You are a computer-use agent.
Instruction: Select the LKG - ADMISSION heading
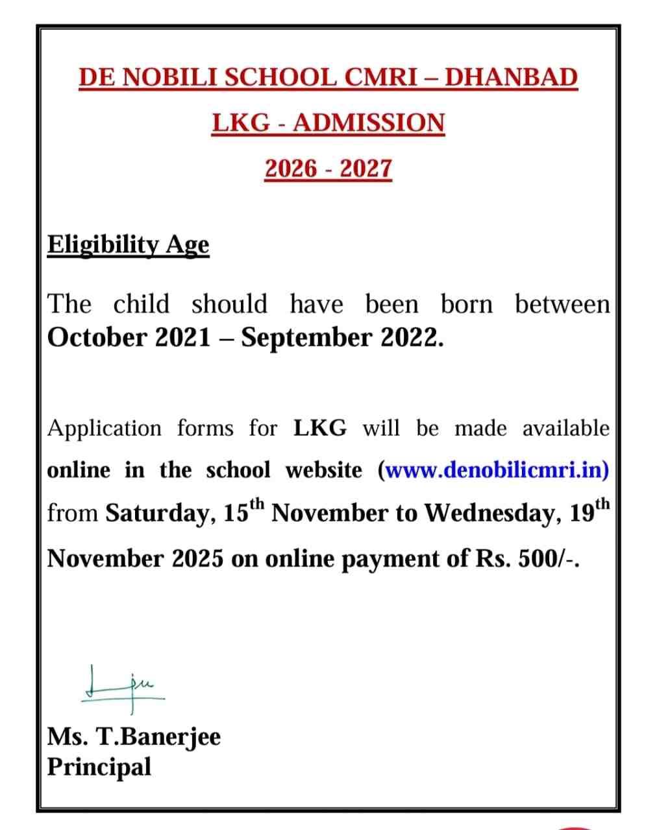(328, 123)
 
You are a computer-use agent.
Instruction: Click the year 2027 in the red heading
(366, 169)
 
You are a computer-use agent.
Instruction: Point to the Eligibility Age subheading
(129, 245)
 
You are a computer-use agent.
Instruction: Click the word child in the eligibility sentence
(141, 303)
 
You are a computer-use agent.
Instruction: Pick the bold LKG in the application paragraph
(320, 428)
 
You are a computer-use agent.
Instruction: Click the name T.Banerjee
(158, 737)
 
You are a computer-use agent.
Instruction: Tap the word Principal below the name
(99, 766)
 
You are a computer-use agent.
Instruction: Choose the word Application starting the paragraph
(105, 429)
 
